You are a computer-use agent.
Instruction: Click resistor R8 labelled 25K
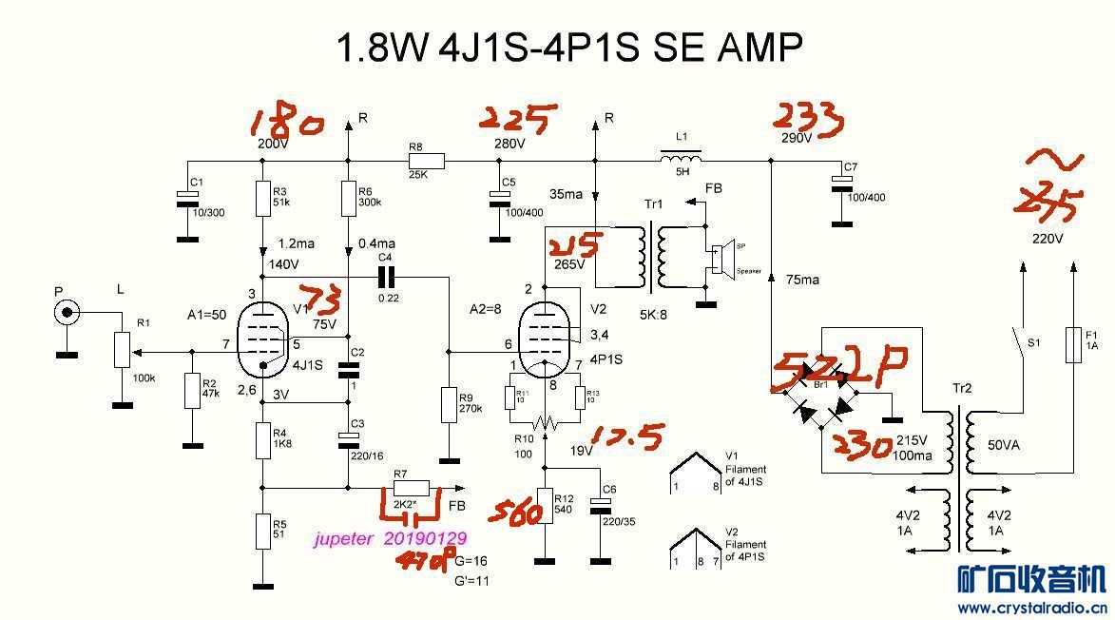[425, 161]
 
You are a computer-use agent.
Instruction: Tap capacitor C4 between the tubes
[385, 277]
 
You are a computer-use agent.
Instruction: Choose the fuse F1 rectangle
[1072, 345]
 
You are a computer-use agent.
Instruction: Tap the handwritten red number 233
[808, 119]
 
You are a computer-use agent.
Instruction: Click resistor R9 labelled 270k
[450, 406]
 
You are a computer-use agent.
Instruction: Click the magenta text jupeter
[345, 538]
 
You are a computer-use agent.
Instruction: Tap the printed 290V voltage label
[797, 139]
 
